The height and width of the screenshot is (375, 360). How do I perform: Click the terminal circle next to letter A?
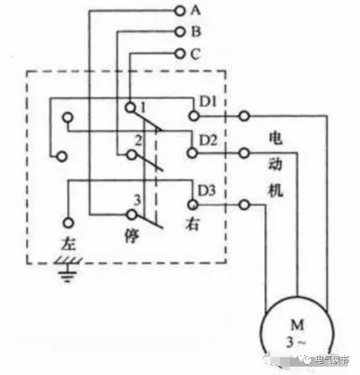180,11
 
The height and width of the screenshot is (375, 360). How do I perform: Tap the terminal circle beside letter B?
180,32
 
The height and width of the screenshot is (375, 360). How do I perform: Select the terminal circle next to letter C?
180,53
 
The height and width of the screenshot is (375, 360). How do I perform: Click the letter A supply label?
195,10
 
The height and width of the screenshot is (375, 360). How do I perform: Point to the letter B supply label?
196,32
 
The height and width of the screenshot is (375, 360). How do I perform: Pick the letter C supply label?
195,53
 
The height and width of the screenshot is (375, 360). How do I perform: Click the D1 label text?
208,102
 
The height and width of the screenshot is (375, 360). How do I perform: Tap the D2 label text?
208,140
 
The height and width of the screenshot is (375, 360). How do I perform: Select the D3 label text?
207,190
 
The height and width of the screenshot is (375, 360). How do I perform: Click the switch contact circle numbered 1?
130,107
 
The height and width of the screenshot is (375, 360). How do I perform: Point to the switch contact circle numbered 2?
131,155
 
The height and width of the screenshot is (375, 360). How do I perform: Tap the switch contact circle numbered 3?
132,215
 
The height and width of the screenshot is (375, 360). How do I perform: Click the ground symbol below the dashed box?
68,270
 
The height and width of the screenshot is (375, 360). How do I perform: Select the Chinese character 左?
68,243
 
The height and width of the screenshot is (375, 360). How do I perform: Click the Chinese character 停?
131,236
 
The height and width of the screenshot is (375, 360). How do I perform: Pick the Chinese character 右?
192,224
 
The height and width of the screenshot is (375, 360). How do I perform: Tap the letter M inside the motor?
298,325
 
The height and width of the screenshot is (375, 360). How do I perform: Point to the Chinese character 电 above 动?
276,138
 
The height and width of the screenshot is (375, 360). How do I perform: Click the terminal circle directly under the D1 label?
194,116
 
